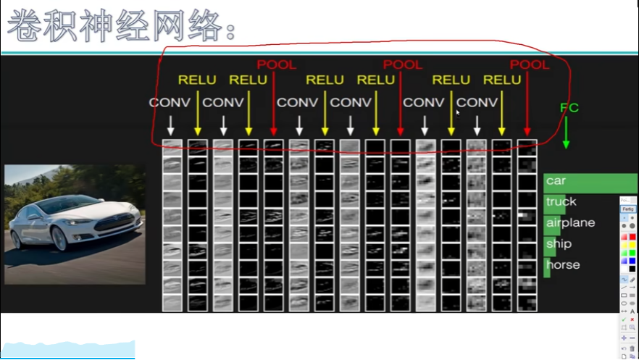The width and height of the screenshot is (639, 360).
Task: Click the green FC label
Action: coord(569,108)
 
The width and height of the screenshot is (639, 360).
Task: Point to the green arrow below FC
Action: coord(567,135)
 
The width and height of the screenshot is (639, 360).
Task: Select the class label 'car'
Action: coord(556,180)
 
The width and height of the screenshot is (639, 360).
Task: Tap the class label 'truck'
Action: coord(561,201)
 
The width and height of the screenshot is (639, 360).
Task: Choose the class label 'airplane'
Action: coord(570,222)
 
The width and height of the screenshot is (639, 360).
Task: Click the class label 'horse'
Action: coord(563,265)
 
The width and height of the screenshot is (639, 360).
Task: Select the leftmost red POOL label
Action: coord(277,64)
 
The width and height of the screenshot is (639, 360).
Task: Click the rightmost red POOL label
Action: coord(530,64)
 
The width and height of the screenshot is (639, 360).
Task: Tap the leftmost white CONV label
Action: coord(170,102)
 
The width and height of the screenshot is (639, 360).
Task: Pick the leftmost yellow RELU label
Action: coord(198,80)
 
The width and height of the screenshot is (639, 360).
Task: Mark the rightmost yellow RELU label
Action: coord(502,80)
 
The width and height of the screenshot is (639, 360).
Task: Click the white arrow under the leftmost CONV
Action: coord(171,125)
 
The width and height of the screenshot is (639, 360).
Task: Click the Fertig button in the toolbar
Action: coord(627,209)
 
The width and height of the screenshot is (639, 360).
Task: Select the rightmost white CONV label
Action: coord(477,102)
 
